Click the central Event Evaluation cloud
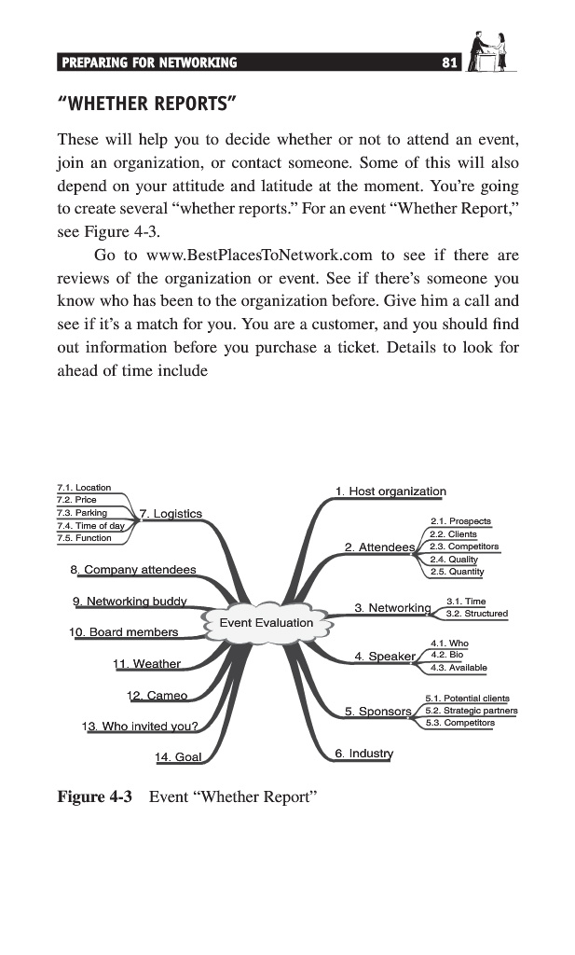tap(266, 622)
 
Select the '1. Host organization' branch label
tap(390, 491)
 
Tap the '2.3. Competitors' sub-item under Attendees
tap(464, 547)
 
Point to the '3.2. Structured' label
tap(477, 614)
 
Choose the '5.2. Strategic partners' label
tap(471, 710)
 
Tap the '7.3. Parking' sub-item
tap(82, 512)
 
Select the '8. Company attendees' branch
tap(132, 569)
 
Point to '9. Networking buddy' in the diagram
tap(130, 600)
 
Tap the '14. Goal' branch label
tap(177, 756)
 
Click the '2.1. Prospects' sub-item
tap(460, 520)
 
